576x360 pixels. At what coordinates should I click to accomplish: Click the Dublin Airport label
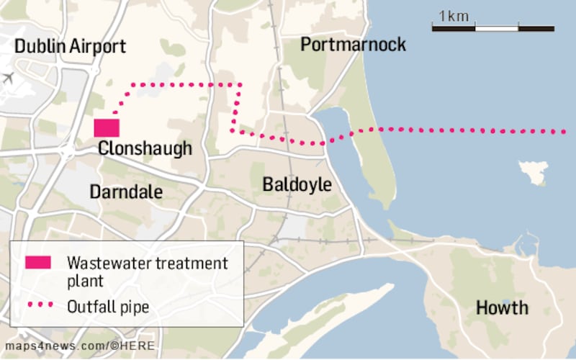71,47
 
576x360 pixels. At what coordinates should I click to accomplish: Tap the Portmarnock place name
353,45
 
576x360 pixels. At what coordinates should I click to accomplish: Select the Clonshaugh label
145,148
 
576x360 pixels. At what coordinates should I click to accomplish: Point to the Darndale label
126,192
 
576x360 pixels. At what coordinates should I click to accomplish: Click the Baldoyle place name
297,185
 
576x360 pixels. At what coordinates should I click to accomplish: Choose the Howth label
502,308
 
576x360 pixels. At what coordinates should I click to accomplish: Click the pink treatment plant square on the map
107,127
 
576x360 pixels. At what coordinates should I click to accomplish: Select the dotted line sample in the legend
39,306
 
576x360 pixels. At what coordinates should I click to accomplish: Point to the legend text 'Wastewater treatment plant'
147,271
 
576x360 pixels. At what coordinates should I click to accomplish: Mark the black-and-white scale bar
492,28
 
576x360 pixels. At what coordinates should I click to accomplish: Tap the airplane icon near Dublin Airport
8,77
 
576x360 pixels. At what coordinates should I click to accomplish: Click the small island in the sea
534,170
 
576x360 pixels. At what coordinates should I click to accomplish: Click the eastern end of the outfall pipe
563,132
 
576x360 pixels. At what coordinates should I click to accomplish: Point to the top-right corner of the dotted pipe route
240,85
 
